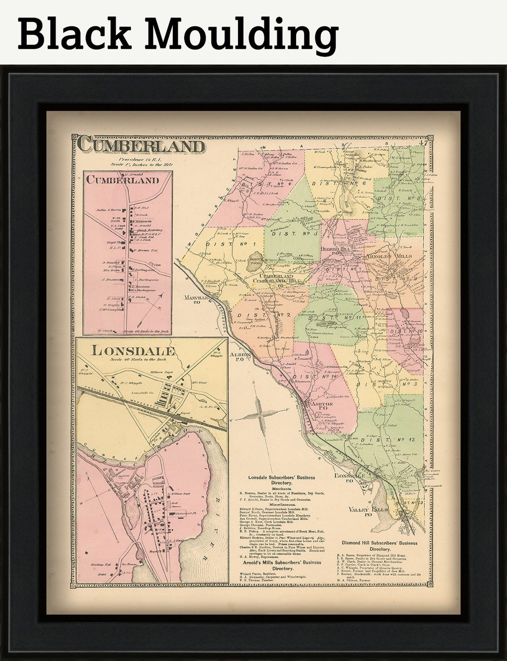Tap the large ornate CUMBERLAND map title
pyautogui.click(x=142, y=146)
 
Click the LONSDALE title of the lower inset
pyautogui.click(x=133, y=350)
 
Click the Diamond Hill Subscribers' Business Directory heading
pyautogui.click(x=380, y=546)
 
